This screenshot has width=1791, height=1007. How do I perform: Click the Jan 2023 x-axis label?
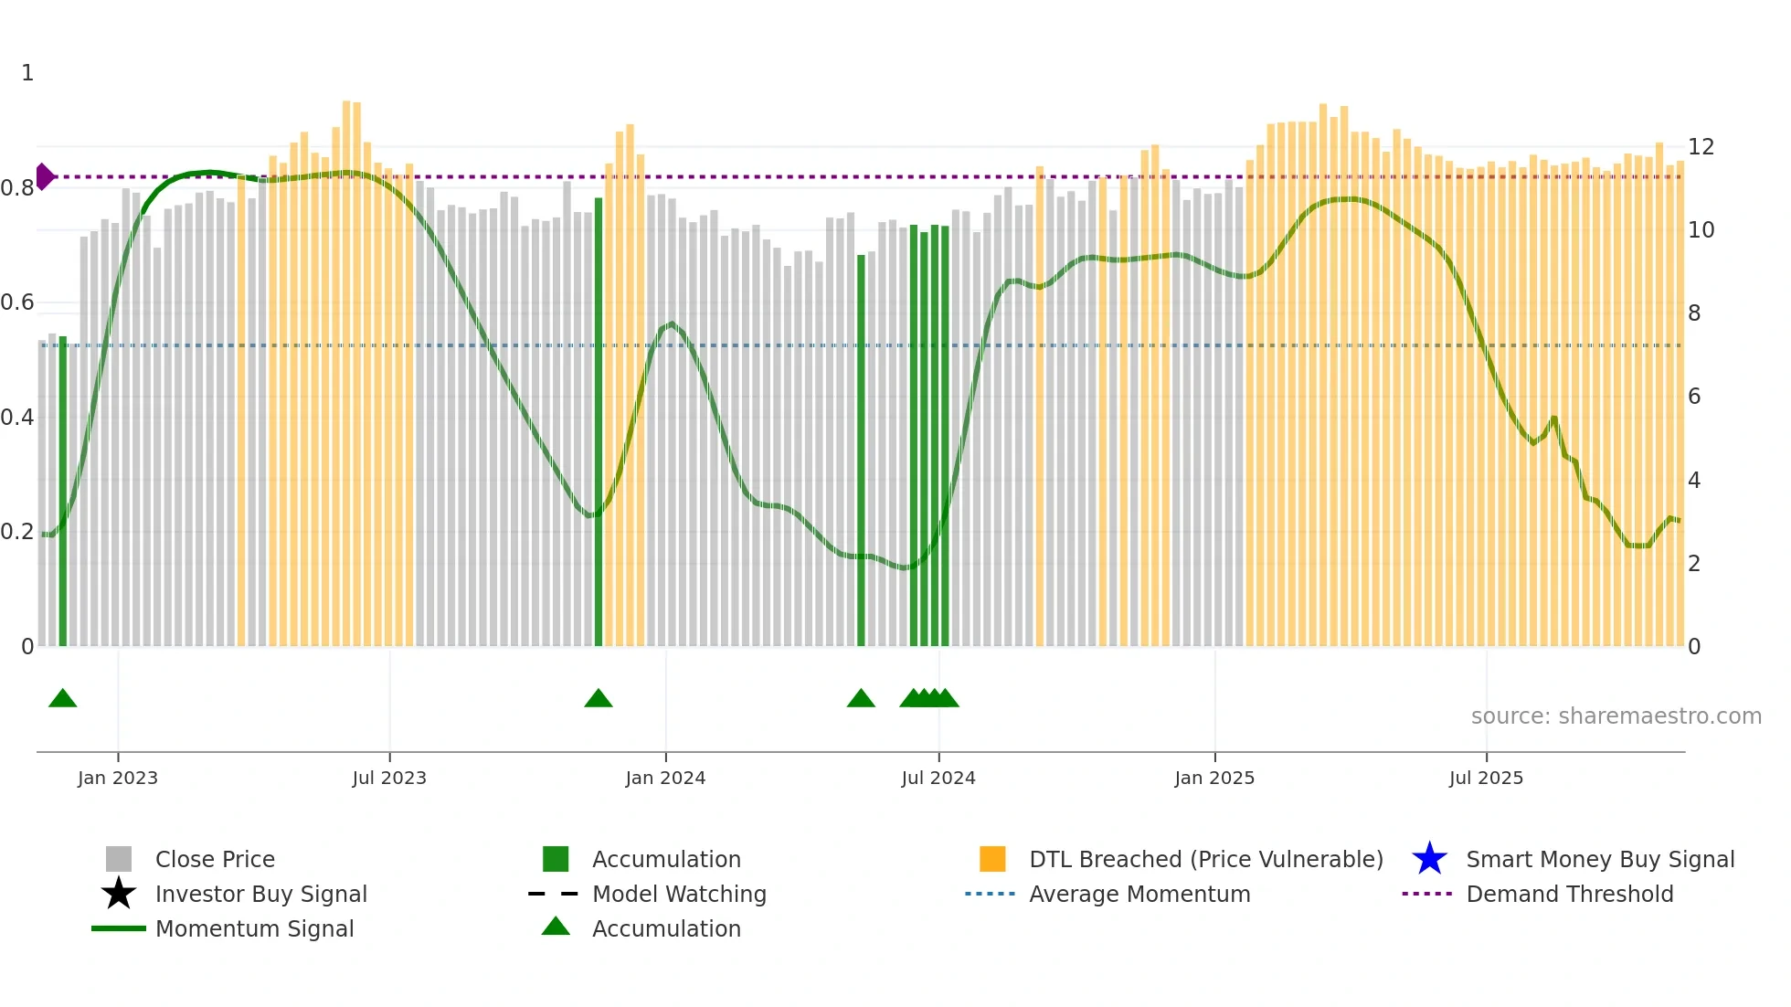118,778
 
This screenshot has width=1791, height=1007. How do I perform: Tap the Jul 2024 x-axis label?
938,778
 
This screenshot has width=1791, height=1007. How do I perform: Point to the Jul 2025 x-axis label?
1486,778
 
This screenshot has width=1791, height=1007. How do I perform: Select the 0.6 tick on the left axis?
17,302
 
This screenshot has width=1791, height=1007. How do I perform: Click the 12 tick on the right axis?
1701,147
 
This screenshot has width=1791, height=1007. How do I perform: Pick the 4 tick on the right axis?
1694,481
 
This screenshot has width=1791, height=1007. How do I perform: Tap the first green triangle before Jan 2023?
62,699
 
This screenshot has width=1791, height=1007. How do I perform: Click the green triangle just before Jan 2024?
599,699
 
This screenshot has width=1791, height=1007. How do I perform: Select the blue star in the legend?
1429,859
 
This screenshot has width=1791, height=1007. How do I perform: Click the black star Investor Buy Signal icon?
119,894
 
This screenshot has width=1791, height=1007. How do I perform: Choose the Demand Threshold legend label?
1569,894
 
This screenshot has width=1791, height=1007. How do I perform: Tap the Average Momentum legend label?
1139,894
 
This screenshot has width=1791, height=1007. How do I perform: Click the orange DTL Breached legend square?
992,859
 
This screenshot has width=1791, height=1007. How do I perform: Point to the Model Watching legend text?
679,894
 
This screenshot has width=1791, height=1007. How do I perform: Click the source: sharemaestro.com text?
1616,716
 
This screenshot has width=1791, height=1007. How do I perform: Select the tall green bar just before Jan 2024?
599,420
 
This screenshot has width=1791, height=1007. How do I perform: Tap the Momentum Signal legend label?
254,928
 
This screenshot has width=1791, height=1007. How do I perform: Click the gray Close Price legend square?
119,859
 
